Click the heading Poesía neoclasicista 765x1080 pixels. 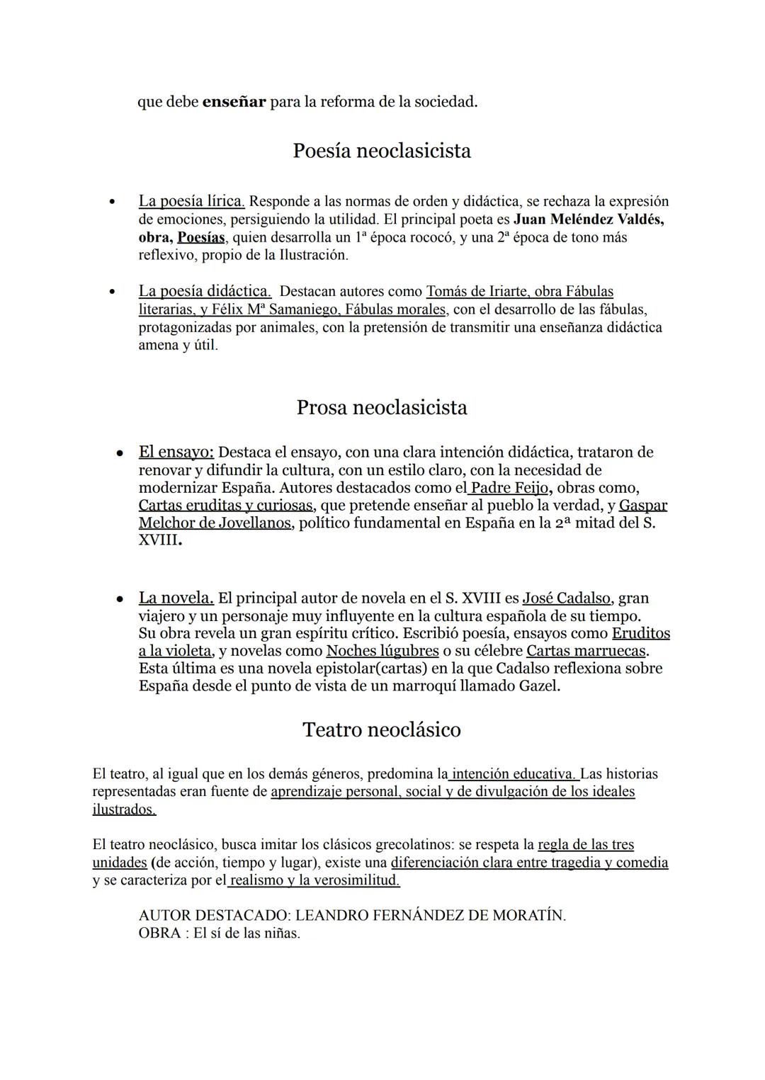(x=382, y=151)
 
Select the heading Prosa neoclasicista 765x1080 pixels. (x=382, y=408)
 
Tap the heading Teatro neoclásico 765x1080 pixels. (x=382, y=729)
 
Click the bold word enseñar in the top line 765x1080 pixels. (x=234, y=102)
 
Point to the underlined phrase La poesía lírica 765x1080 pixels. (x=191, y=201)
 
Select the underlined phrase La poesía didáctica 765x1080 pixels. (x=205, y=291)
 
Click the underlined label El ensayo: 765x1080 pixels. (x=176, y=452)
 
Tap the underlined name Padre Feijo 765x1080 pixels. (x=509, y=488)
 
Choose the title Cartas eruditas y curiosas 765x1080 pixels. (x=225, y=506)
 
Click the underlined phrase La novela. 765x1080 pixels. (x=176, y=598)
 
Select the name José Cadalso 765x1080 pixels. (x=567, y=598)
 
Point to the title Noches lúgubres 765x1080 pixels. (x=382, y=651)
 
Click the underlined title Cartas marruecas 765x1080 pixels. (x=586, y=651)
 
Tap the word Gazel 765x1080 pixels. (x=536, y=686)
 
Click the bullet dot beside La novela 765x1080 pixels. (x=121, y=599)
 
